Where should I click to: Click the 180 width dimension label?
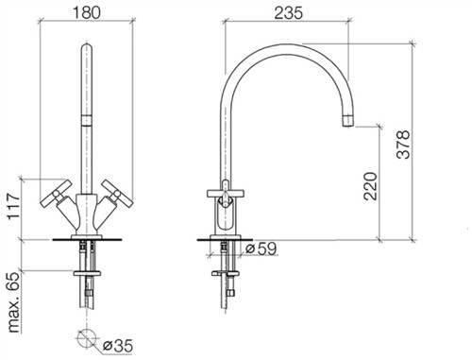coord(87,12)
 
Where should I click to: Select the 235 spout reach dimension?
coord(289,13)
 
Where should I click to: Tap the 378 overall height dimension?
coord(403,145)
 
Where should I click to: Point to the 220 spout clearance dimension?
coord(370,186)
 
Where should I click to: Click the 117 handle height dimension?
coord(13,207)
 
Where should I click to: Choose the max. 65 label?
coord(13,302)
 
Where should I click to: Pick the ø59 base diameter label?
coord(261,249)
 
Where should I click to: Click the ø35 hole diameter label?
coord(118,346)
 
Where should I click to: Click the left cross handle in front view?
coord(57,194)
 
